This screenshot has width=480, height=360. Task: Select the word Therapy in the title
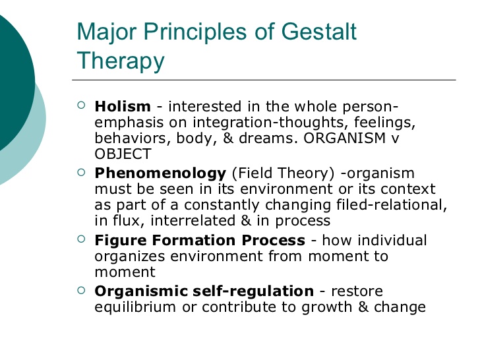(120, 61)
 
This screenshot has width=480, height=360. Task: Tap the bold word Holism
(123, 106)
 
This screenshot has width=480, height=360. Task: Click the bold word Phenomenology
(160, 173)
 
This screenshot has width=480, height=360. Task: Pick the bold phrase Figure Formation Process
(200, 240)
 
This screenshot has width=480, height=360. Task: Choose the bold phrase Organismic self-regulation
(204, 291)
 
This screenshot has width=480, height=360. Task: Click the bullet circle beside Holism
(81, 105)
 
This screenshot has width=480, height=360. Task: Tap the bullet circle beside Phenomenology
(81, 172)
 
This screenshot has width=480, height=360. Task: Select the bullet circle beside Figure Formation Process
(81, 239)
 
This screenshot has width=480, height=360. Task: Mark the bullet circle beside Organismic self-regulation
(81, 290)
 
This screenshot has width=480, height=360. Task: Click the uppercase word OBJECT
(123, 155)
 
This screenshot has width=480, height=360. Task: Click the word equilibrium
(135, 307)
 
